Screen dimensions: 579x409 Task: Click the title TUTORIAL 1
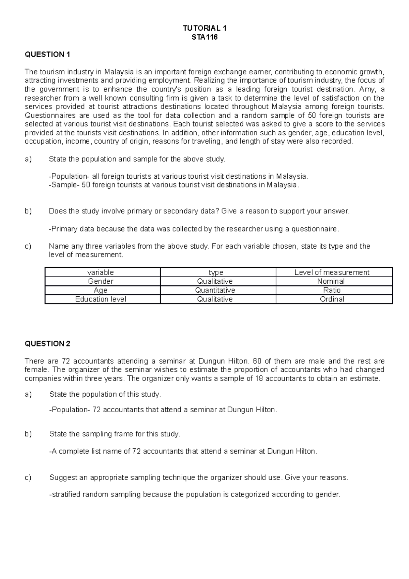pos(204,28)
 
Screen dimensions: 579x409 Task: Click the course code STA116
pos(204,37)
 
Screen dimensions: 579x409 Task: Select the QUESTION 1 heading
pos(47,55)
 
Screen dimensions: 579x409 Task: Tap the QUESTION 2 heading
pos(47,344)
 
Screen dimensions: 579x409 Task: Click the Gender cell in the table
pos(101,281)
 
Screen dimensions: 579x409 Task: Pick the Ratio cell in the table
pos(332,290)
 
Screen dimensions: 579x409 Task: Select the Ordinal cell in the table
pos(332,299)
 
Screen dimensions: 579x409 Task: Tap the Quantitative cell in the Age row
pos(215,290)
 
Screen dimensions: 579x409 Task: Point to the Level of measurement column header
pos(332,272)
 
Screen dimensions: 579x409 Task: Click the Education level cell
pos(101,299)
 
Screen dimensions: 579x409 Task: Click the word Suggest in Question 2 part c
pos(63,477)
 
